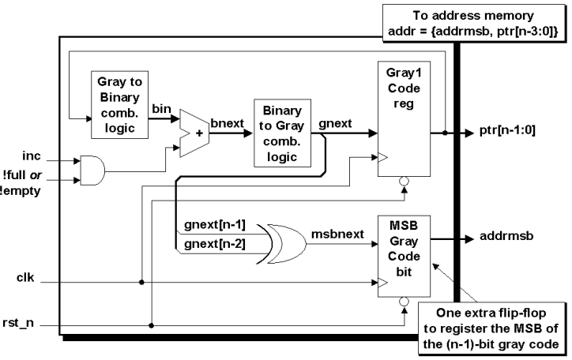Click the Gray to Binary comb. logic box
[119, 105]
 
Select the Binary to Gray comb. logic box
[282, 133]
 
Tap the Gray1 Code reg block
[404, 118]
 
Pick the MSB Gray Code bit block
[404, 256]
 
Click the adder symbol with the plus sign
[194, 133]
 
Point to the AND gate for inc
[92, 171]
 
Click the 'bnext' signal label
[227, 123]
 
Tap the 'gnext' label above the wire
[335, 124]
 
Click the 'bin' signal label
[162, 109]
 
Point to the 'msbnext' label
[337, 234]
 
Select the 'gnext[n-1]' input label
[215, 224]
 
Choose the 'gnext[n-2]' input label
[215, 243]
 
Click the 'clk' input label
[25, 278]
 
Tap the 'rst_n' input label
[18, 323]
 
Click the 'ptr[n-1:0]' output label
[507, 130]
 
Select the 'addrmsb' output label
[506, 236]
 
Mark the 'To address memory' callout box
[473, 24]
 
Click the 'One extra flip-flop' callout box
[491, 328]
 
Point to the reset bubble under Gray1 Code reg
[404, 181]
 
